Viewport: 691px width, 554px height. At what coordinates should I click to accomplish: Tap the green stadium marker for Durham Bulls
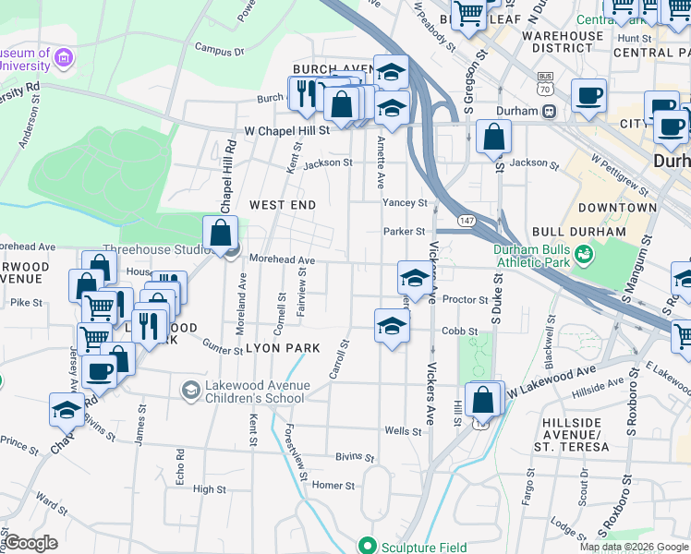[583, 252]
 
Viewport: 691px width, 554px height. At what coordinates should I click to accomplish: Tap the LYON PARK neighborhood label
[283, 348]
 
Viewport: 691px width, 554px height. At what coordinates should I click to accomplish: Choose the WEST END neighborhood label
[283, 204]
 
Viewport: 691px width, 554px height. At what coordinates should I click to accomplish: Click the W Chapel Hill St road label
[286, 131]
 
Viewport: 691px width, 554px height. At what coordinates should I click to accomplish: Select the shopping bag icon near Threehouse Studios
[221, 233]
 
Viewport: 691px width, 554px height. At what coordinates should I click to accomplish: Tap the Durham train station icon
[549, 112]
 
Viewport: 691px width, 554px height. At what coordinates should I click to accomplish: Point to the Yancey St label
[405, 203]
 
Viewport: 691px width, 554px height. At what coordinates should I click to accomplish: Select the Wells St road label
[403, 431]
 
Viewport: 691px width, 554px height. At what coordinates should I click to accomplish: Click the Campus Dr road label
[219, 52]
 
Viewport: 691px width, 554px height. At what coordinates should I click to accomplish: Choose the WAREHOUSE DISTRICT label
[562, 42]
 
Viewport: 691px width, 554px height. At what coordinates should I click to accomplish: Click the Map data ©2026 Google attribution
[633, 547]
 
